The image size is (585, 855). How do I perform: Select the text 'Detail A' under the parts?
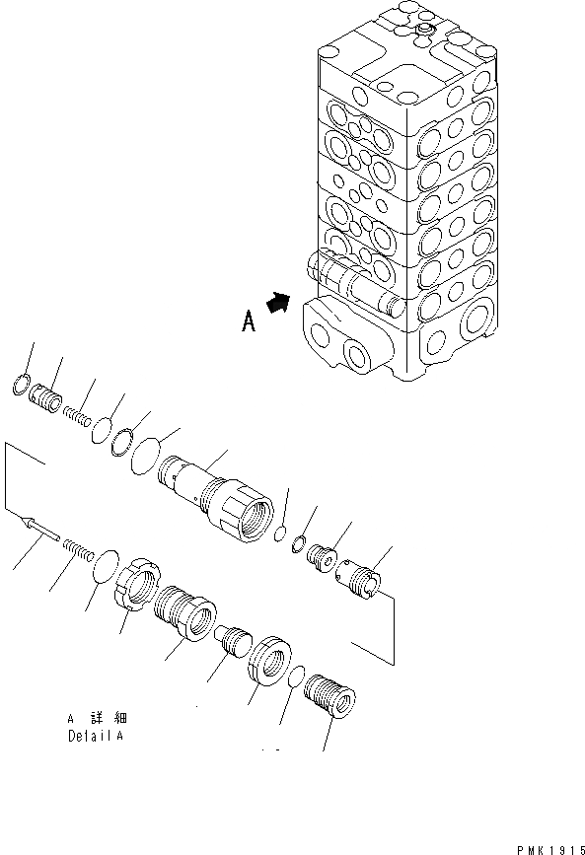click(x=96, y=736)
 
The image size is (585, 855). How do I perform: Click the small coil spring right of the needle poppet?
click(x=77, y=547)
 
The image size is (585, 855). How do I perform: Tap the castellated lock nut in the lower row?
click(x=137, y=587)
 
